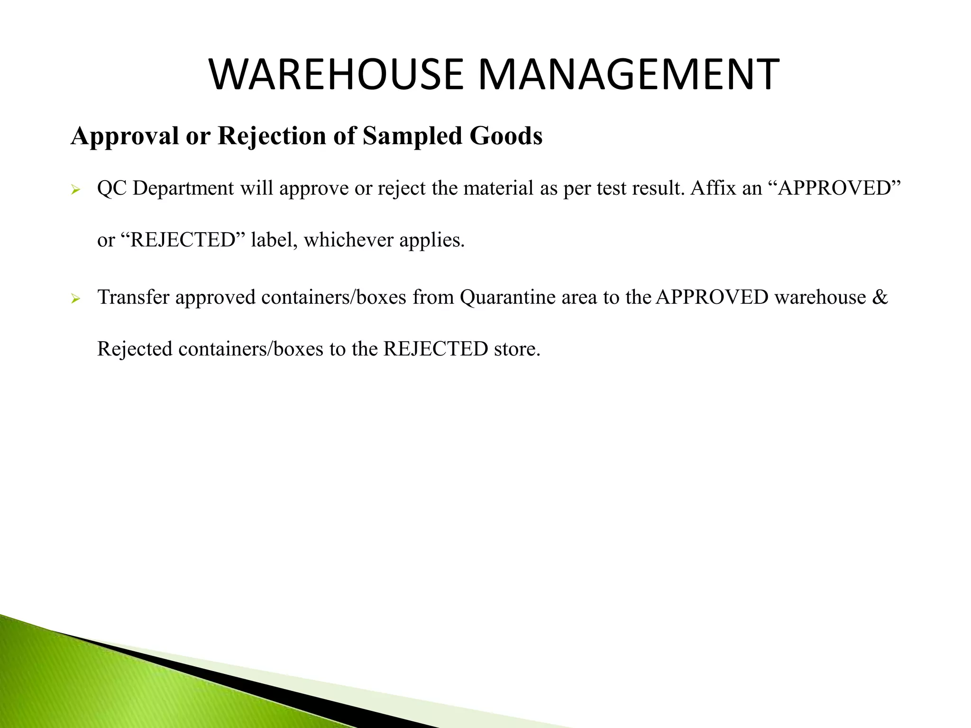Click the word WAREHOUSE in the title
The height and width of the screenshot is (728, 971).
click(336, 75)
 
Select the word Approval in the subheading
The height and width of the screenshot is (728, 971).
click(125, 136)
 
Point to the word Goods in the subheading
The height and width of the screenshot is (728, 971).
click(506, 136)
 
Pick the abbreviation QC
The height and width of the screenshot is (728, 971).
click(112, 189)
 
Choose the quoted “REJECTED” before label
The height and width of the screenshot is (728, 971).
click(183, 240)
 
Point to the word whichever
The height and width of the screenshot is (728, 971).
click(348, 240)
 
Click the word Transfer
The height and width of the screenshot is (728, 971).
click(133, 297)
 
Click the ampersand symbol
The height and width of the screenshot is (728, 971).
click(880, 297)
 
